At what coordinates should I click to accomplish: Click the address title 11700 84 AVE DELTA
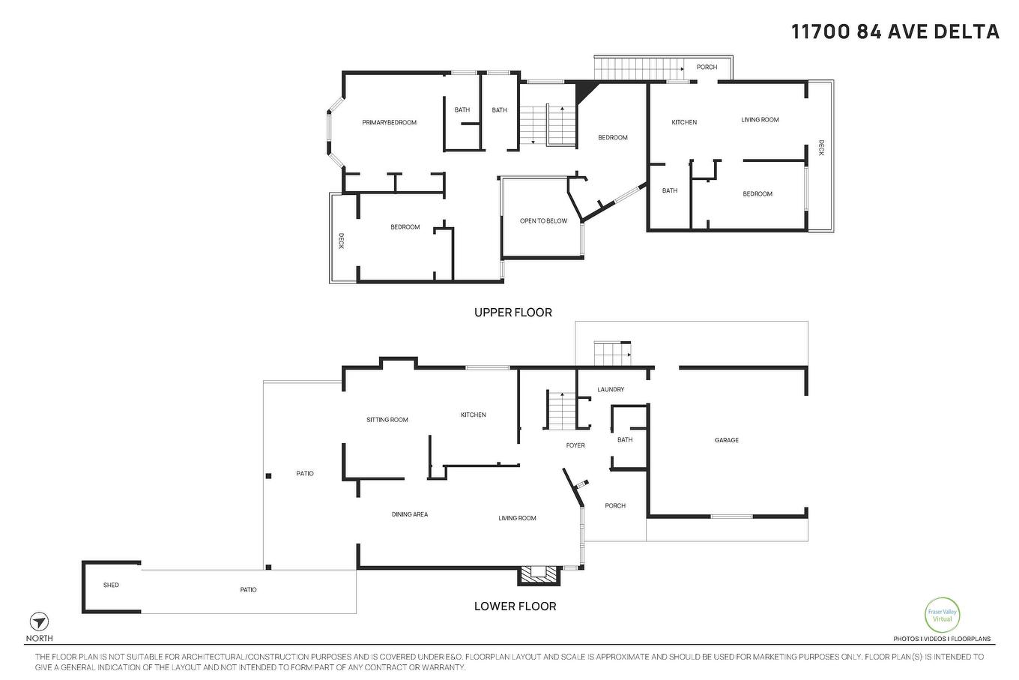coord(895,31)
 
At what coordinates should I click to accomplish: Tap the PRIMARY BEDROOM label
coord(389,122)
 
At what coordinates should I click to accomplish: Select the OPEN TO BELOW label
coord(543,221)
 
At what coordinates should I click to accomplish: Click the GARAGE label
coord(726,440)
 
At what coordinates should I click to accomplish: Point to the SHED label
coord(111,585)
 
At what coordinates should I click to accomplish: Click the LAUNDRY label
coord(611,389)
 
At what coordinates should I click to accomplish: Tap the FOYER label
coord(575,445)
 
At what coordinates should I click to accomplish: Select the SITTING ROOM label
coord(387,420)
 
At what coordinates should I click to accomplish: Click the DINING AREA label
coord(410,514)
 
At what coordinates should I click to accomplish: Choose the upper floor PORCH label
coord(707,67)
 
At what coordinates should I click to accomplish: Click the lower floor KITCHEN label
coord(473,415)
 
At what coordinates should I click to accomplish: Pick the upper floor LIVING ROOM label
coord(760,119)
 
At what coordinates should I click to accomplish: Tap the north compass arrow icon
coord(39,622)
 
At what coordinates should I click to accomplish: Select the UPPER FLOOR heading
coord(512,313)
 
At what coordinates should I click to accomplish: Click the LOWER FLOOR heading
coord(515,606)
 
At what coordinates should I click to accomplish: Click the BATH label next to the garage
coord(625,440)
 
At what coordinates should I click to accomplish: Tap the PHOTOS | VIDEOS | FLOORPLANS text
coord(941,640)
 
